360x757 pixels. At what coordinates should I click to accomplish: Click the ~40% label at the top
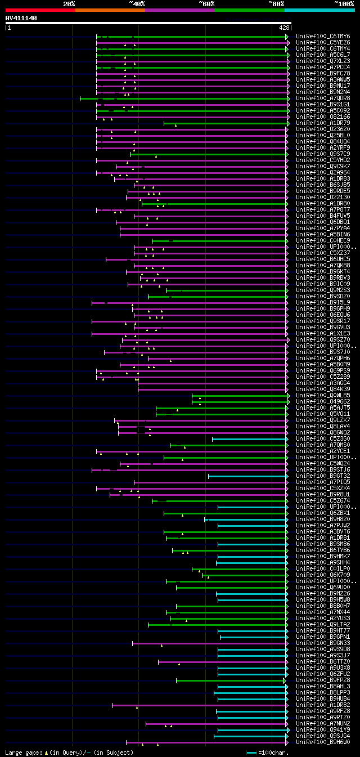pos(137,3)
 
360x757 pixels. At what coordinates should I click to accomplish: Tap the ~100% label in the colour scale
pos(344,3)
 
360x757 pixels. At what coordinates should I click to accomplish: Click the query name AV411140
pos(21,18)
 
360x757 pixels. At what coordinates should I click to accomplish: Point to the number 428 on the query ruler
pos(283,27)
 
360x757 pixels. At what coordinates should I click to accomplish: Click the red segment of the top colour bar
pos(40,10)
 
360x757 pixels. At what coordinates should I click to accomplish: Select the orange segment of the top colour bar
pos(110,10)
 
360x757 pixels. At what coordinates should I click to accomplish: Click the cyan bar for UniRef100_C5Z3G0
pos(250,439)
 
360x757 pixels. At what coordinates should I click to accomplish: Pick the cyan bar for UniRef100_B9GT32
pos(247,476)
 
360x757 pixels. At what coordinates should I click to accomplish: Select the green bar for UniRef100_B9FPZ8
pos(231,680)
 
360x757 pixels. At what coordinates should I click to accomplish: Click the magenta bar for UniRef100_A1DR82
pos(200,705)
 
